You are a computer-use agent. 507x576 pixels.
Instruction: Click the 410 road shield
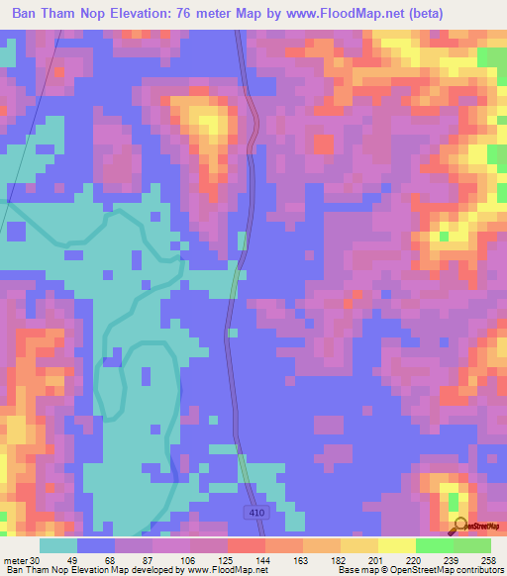[x=255, y=512]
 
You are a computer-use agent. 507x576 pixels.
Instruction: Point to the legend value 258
[x=489, y=559]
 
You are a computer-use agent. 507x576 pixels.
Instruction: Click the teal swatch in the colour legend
[x=57, y=545]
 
